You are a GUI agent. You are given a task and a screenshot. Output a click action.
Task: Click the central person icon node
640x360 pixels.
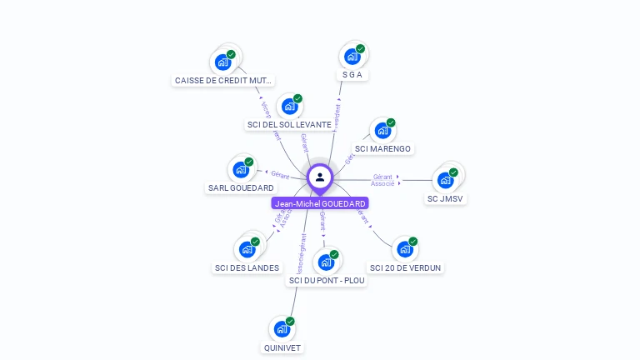click(320, 177)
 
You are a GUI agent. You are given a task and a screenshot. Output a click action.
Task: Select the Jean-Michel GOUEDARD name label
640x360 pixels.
click(320, 203)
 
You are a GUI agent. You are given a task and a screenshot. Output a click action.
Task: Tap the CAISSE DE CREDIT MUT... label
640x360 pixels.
click(222, 81)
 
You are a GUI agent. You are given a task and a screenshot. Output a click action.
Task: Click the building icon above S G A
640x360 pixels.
click(352, 57)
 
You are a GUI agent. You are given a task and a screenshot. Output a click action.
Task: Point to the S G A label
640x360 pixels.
click(352, 75)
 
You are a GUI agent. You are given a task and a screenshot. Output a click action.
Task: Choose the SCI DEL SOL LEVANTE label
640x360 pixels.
click(289, 124)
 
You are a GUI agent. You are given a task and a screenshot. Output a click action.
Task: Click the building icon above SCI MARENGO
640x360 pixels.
click(382, 131)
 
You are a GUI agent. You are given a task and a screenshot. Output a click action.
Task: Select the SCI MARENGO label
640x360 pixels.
click(382, 149)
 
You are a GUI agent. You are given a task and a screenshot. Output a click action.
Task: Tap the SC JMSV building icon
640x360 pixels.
click(445, 180)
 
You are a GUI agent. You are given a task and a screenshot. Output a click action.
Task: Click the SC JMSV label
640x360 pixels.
click(445, 199)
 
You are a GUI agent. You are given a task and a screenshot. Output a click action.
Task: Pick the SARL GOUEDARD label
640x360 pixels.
click(241, 188)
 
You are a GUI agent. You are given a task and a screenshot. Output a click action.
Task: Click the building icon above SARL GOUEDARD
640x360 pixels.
click(241, 170)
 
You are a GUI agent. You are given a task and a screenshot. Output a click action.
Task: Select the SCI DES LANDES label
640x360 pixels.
click(247, 268)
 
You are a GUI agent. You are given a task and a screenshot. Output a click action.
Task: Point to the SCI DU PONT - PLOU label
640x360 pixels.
click(327, 281)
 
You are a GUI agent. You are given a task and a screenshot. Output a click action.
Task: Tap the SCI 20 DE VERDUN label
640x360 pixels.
click(405, 268)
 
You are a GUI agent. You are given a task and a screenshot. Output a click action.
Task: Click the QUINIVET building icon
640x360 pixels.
click(282, 329)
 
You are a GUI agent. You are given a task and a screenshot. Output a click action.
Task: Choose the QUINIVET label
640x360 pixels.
click(282, 348)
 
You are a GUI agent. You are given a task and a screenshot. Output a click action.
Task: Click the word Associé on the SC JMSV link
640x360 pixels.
click(382, 183)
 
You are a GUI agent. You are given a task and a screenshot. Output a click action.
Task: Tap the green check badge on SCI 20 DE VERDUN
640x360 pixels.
click(412, 242)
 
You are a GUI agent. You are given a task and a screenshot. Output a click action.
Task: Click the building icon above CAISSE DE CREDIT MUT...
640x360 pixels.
click(222, 62)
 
